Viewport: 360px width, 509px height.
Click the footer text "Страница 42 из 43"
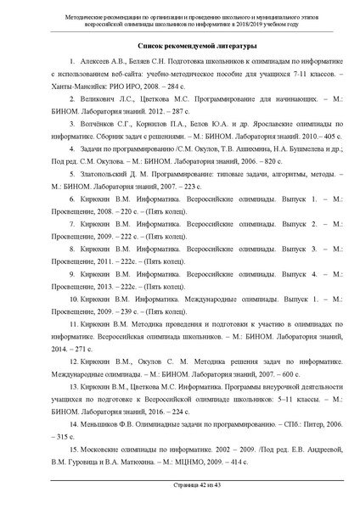[179, 496]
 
